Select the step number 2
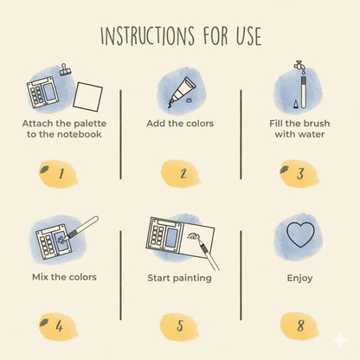[181, 173]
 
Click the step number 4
[59, 326]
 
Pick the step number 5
[180, 326]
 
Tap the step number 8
[299, 326]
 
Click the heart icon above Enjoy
[299, 235]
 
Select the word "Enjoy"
[299, 279]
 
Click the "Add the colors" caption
[180, 124]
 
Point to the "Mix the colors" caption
[59, 278]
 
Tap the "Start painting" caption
[180, 279]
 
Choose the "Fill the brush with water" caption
[299, 128]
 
